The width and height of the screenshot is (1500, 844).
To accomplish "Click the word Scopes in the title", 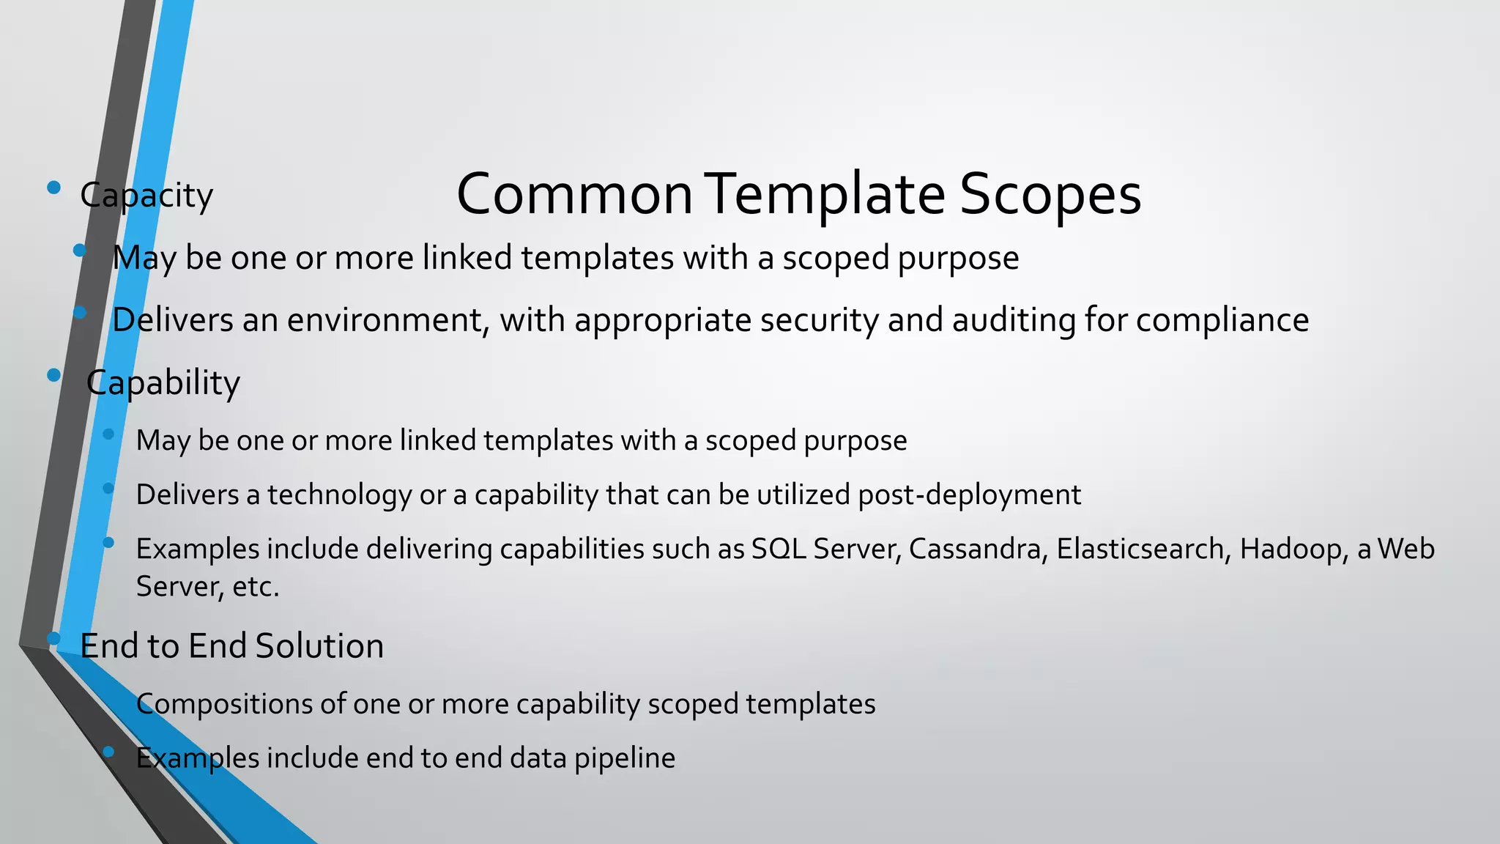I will tap(1050, 195).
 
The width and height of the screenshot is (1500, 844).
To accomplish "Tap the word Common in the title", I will tap(574, 195).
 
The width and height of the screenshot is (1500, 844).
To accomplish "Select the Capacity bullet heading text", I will tap(146, 196).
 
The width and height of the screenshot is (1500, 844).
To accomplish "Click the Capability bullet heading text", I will tap(163, 383).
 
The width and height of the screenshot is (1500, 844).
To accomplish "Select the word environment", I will tap(388, 321).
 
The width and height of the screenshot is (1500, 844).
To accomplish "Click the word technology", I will tap(339, 495).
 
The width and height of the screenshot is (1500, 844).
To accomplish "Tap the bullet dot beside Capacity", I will tap(53, 188).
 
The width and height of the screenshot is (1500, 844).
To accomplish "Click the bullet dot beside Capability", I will tap(53, 375).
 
